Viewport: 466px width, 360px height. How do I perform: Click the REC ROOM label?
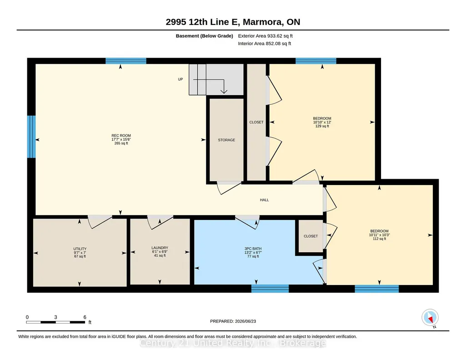[x=121, y=135]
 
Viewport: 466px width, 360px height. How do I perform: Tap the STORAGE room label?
[x=226, y=140]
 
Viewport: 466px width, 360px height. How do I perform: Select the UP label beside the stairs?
[x=180, y=79]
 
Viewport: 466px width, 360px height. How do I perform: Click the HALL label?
[x=264, y=200]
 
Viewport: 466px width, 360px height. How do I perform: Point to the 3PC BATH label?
[x=253, y=249]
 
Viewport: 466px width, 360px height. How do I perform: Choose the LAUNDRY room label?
[x=160, y=248]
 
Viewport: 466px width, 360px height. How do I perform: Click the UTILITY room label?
[x=80, y=249]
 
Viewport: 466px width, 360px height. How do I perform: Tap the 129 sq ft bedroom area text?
[x=322, y=126]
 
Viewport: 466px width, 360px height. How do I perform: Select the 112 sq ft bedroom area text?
[x=379, y=239]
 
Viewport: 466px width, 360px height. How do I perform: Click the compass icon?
[x=430, y=318]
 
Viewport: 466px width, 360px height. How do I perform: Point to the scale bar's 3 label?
[x=55, y=317]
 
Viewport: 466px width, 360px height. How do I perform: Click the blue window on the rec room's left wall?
[x=31, y=137]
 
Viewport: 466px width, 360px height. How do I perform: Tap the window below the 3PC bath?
[x=270, y=289]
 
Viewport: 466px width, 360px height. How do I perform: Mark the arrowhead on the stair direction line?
[x=224, y=91]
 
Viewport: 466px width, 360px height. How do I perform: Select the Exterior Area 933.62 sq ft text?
[x=266, y=36]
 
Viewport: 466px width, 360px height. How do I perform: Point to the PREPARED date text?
[x=233, y=321]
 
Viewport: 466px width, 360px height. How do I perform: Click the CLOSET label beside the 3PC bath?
[x=311, y=236]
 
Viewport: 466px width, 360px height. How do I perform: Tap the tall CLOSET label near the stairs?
[x=256, y=122]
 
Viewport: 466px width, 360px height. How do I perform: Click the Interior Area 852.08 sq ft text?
[x=265, y=44]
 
